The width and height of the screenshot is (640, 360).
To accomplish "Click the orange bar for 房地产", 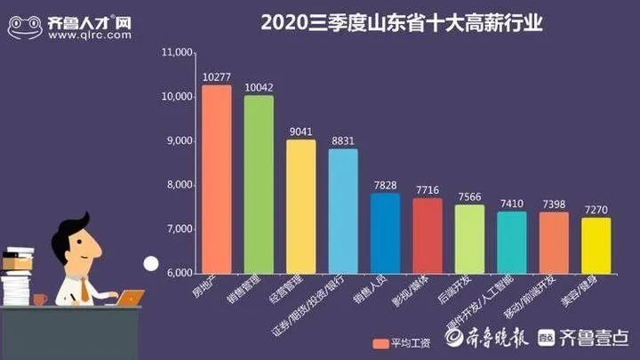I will click(x=216, y=178).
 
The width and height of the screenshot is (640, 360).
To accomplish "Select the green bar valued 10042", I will click(x=259, y=183).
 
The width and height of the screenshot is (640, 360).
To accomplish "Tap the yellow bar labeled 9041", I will click(x=300, y=205).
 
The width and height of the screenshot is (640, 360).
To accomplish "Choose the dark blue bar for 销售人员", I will click(x=385, y=232).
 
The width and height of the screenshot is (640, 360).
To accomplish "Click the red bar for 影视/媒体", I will click(x=427, y=235).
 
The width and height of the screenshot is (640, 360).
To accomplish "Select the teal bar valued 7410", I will click(x=511, y=241).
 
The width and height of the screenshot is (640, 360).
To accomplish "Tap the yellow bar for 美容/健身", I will click(x=596, y=244).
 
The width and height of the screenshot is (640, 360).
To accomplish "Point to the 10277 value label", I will click(x=216, y=77).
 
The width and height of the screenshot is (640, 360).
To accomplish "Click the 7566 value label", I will click(x=469, y=197).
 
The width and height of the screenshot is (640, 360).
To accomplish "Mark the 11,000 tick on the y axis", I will click(x=178, y=52).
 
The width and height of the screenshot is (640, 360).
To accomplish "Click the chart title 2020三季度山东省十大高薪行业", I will click(x=402, y=22).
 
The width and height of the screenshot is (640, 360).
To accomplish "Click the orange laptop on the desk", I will click(x=130, y=298).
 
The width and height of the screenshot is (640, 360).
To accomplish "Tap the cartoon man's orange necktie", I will click(x=84, y=288).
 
